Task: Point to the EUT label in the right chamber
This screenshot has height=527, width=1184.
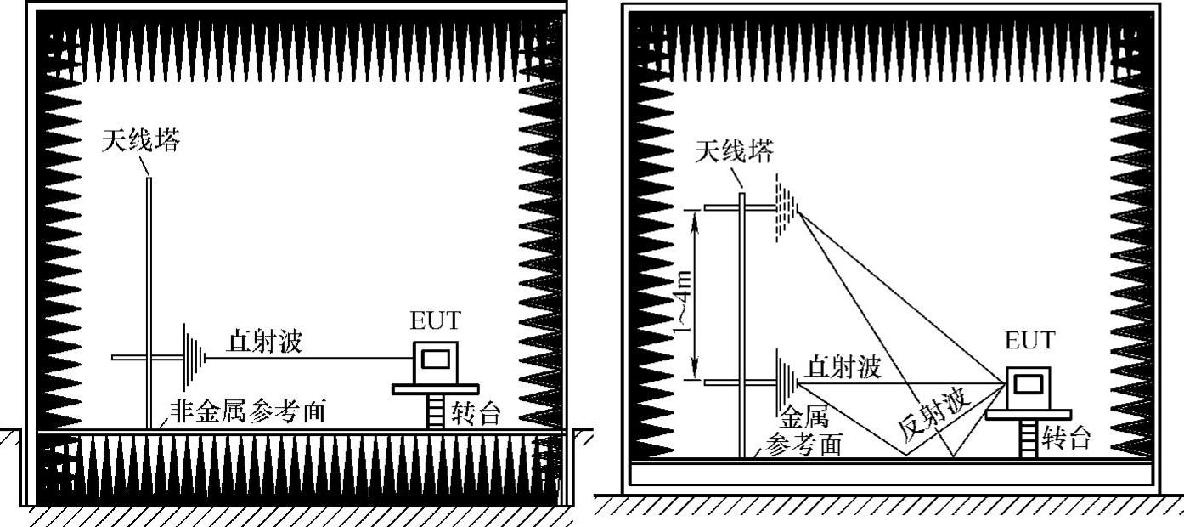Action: coord(1029,341)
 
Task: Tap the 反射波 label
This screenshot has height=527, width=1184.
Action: coord(934,416)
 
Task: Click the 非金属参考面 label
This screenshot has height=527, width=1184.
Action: coord(248,411)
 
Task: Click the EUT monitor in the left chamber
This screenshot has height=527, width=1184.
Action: coord(435,361)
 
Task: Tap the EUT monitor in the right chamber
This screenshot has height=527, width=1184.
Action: coord(1029,387)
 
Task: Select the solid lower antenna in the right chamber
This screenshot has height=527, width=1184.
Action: coord(787,383)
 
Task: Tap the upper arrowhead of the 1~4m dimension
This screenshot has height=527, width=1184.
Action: coord(696,216)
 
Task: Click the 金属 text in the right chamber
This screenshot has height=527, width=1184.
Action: coord(803,417)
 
